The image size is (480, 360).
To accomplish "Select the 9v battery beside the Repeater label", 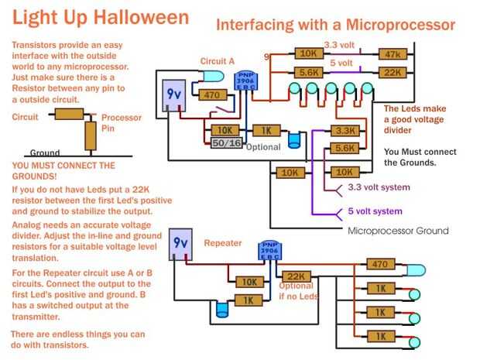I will [x=181, y=245].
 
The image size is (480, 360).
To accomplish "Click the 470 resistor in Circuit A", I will [x=210, y=95].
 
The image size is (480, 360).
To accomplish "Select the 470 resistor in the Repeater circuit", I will [x=379, y=265].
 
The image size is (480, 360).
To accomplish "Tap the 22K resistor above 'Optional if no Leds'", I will [x=295, y=276].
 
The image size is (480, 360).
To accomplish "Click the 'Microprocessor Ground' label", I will [x=398, y=231].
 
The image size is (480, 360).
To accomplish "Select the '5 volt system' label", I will [x=375, y=211].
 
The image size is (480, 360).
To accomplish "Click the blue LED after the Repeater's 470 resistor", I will [x=414, y=271].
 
